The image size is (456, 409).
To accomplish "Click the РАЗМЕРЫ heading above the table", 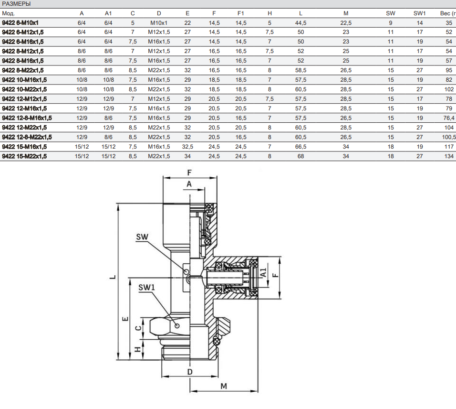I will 16,4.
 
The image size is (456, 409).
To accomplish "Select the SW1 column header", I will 419,13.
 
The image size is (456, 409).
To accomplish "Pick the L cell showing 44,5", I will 300,22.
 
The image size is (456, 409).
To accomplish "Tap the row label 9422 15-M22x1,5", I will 24,156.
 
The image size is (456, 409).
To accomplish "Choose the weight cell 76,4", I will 449,118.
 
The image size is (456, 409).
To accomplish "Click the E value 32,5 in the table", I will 187,146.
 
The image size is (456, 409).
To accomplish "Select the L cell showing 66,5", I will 300,146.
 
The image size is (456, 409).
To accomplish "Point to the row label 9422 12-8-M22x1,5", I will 27,137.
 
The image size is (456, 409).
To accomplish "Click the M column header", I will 346,13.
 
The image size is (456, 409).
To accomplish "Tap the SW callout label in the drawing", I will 142,237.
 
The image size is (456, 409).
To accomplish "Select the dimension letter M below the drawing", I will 224,385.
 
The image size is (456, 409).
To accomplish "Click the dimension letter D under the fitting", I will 189,371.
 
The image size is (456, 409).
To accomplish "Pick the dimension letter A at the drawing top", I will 189,183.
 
